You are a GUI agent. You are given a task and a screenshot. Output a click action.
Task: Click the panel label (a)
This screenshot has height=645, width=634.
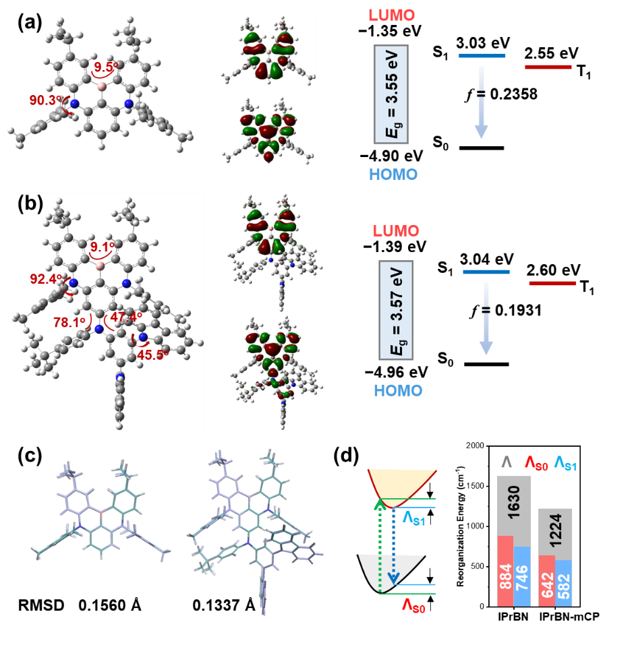[x=30, y=24]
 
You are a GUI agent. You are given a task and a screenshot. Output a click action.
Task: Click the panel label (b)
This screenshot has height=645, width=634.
[x=30, y=204]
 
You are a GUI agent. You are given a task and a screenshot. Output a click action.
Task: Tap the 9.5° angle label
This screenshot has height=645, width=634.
[x=106, y=67]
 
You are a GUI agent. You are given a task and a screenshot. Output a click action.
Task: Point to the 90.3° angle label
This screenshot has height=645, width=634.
[x=45, y=100]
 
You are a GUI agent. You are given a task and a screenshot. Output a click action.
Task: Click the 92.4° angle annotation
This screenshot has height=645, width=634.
[x=46, y=278]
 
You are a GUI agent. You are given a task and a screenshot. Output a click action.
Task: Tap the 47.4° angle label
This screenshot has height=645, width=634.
[x=126, y=317]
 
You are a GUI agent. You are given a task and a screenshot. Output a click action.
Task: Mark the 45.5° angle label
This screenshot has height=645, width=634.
[x=153, y=355]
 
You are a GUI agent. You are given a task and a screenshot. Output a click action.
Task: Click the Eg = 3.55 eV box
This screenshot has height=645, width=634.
[x=391, y=94]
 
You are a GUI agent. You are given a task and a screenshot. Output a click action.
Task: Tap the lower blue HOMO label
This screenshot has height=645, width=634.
[x=399, y=390]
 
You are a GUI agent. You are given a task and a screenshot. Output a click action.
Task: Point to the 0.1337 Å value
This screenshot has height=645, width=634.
[x=224, y=605]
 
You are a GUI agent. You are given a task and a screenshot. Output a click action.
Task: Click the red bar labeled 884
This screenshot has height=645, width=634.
[x=505, y=571]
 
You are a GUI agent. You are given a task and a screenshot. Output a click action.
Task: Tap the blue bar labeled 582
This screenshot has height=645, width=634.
[x=564, y=583]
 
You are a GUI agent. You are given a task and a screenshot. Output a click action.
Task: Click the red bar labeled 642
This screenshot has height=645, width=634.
[x=546, y=581]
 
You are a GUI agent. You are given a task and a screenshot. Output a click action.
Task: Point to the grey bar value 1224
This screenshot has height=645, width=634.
[x=554, y=531]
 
